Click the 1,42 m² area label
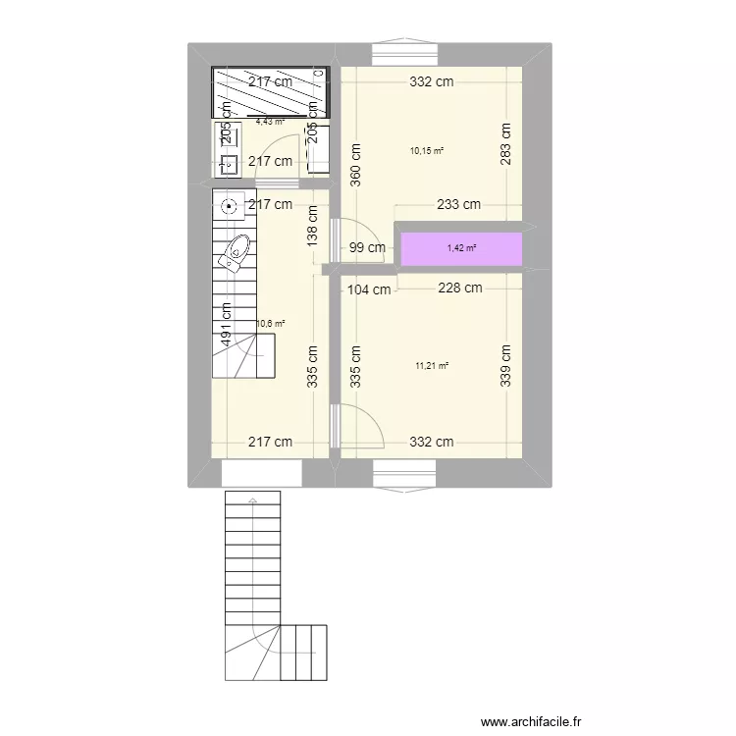coord(461,248)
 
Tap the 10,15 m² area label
coord(427,151)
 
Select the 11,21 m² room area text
coord(432,366)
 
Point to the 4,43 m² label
coord(270,122)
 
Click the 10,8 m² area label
coord(271,323)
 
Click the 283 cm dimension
coord(506,144)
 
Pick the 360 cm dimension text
coord(355,165)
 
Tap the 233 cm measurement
coord(458,205)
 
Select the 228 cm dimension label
coord(459,288)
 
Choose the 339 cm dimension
coord(506,365)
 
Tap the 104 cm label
coord(369,289)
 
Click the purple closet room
coord(461,249)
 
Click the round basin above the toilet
coord(229,206)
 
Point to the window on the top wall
coord(404,52)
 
